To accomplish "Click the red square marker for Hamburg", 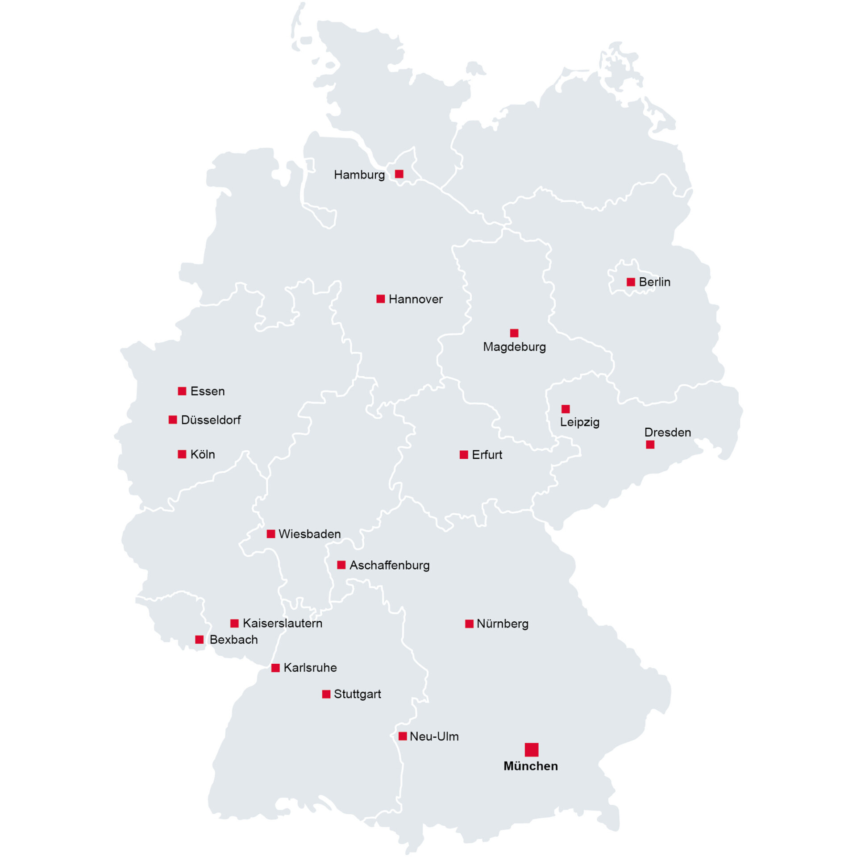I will (399, 174).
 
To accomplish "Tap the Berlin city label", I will (654, 282).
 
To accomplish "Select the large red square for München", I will (531, 749).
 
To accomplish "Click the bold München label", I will (530, 766).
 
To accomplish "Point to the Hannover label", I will (416, 299).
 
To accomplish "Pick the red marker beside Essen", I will (182, 391).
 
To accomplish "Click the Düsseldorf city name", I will (211, 420).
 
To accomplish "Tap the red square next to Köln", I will (182, 454).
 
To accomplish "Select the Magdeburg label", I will (514, 347).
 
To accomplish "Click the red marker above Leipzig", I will (566, 409).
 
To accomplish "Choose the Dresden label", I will (667, 432).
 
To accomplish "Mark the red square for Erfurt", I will (464, 455).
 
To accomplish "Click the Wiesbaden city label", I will (309, 534).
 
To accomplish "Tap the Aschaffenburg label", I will (389, 565).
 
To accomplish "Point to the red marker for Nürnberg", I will (469, 624).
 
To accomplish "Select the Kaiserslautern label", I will (282, 623).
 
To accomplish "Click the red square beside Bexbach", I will (200, 640).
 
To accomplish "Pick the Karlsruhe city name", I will (310, 668).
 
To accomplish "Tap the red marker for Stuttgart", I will (326, 694).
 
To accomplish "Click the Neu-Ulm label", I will (434, 736).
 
